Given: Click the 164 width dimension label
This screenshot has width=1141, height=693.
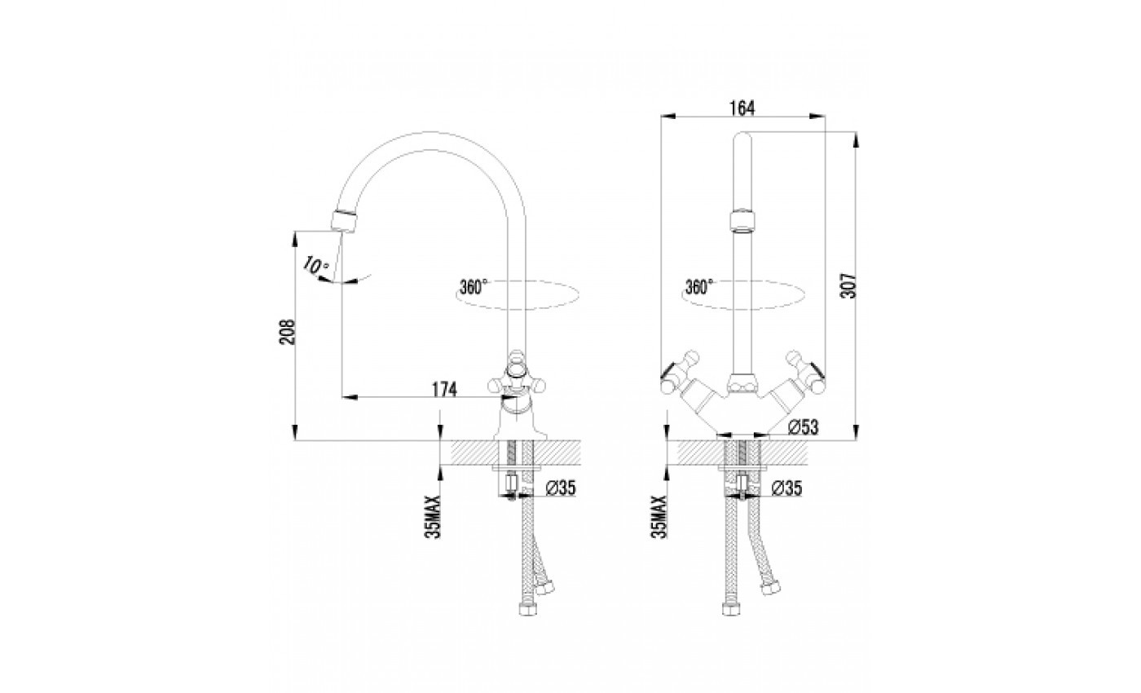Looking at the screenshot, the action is (x=742, y=108).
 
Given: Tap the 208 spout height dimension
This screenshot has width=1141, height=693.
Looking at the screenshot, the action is (x=288, y=332).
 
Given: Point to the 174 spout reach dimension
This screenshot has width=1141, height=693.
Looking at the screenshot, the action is (x=445, y=390).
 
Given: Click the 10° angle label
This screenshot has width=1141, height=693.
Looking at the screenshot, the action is (x=316, y=265).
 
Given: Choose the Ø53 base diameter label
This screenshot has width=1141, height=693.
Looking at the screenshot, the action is (x=804, y=427).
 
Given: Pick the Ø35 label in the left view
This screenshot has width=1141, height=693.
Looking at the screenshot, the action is (x=561, y=488).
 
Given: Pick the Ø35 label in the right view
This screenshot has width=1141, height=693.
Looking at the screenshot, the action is (x=787, y=488).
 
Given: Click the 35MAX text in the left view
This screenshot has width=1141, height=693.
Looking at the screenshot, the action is (x=433, y=516).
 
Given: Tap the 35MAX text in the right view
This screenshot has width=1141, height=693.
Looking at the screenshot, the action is (x=659, y=516).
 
